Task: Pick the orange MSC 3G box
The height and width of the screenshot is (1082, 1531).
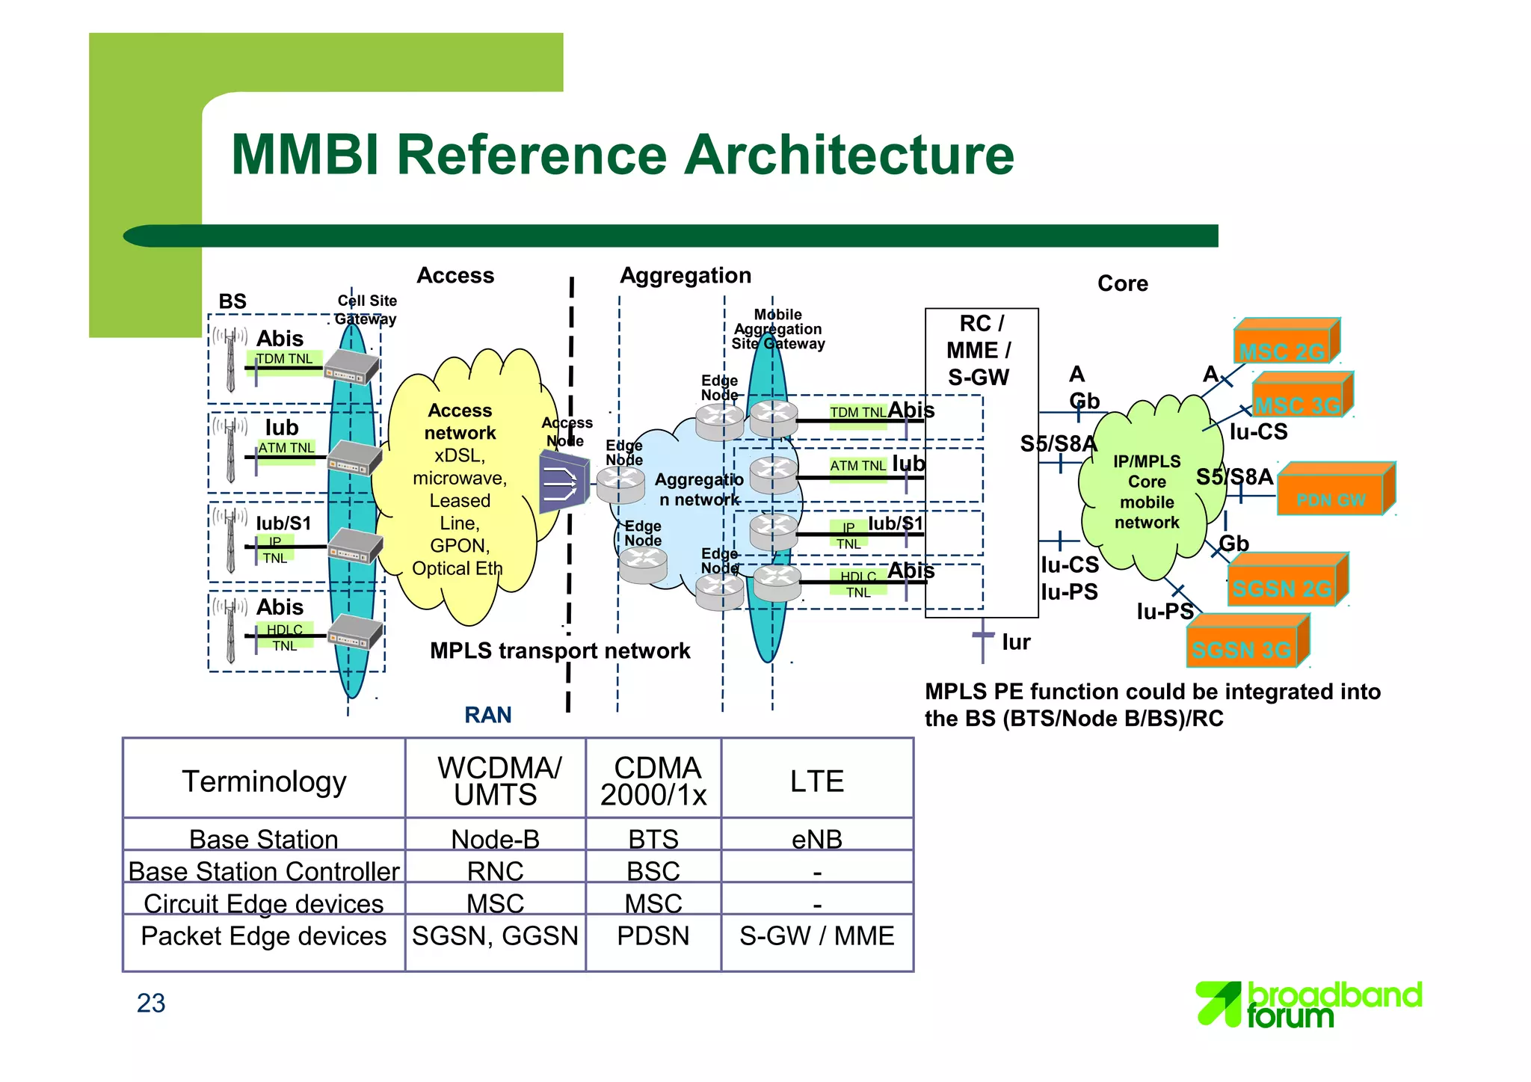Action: [x=1301, y=397]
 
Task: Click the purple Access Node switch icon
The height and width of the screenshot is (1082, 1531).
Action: [x=563, y=482]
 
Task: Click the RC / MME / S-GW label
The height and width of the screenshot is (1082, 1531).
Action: [x=979, y=351]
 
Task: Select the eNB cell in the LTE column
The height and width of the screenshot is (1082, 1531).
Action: [x=817, y=839]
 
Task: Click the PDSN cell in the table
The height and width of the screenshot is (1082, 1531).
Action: [x=653, y=936]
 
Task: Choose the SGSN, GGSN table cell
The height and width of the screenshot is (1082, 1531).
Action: [x=495, y=936]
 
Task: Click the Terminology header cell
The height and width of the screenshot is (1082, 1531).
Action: [x=264, y=781]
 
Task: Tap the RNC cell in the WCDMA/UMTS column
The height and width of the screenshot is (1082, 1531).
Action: [x=495, y=871]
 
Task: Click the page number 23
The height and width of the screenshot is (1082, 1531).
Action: [x=151, y=1003]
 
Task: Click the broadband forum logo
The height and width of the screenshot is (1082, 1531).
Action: [x=1308, y=1005]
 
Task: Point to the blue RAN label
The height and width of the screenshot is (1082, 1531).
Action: [x=488, y=716]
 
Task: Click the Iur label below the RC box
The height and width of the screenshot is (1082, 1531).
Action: [x=1016, y=642]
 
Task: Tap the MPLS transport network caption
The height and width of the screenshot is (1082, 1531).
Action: [x=560, y=651]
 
